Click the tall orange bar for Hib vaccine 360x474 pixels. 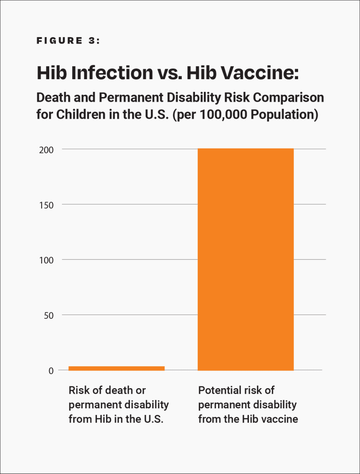coord(246,259)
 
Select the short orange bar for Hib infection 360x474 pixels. coord(116,368)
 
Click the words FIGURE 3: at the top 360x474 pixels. coord(68,41)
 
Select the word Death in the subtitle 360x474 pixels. coord(52,98)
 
